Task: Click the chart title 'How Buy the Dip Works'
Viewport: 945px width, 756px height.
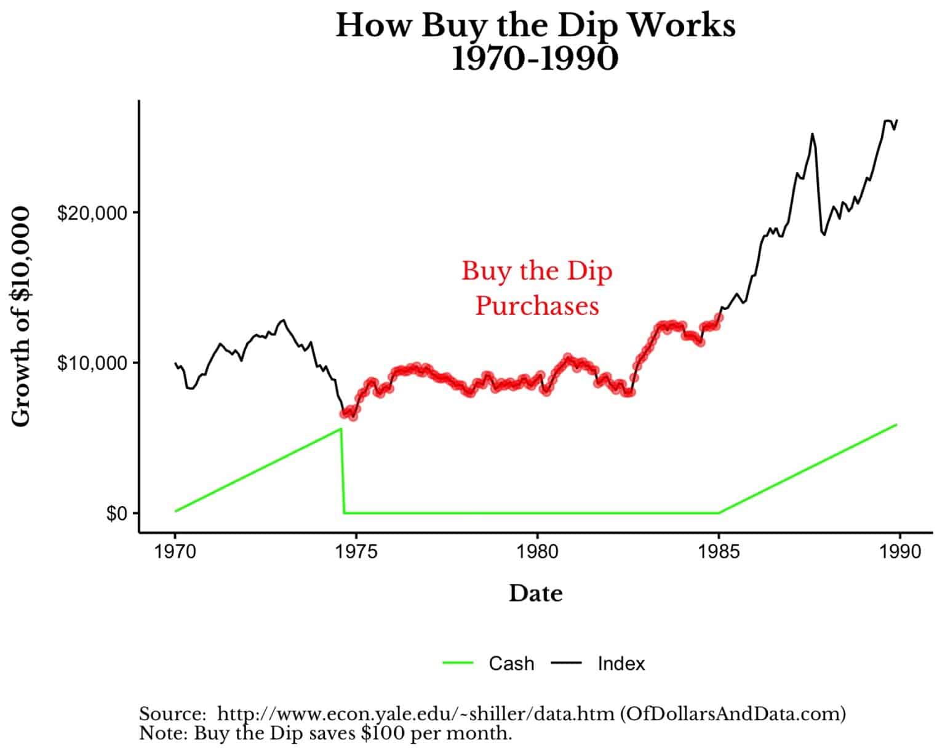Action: point(535,26)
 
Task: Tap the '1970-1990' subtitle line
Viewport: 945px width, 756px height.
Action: point(535,59)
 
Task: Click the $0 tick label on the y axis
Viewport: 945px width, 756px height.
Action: point(114,513)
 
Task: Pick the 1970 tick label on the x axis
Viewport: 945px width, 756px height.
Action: point(175,551)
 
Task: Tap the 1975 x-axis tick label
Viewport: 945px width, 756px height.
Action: point(356,551)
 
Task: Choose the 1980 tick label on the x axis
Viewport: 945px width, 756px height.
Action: point(537,551)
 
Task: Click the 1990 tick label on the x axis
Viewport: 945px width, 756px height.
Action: point(899,551)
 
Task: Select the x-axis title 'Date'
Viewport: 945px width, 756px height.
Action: point(535,594)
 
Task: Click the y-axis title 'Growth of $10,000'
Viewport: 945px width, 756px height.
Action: point(22,317)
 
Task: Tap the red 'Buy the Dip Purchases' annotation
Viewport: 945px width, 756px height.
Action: point(537,288)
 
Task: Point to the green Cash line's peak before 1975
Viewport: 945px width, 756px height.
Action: point(340,429)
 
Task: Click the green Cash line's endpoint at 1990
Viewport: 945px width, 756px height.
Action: point(896,424)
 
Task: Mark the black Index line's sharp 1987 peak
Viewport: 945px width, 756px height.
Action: point(812,133)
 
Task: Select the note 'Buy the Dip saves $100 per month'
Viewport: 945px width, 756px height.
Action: point(325,733)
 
